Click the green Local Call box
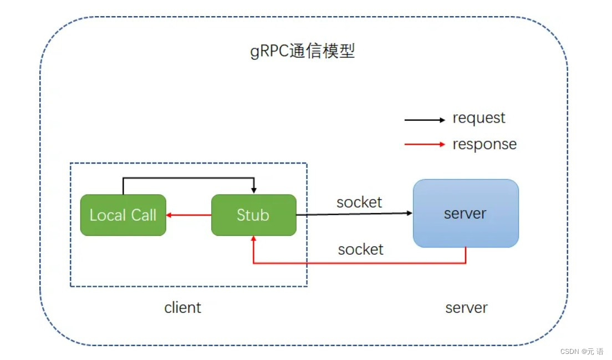coord(123,215)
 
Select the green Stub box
coord(254,215)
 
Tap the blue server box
coord(466,213)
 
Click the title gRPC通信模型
coord(303,51)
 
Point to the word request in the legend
coord(479,118)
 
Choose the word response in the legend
coord(484,144)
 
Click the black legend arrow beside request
coord(425,120)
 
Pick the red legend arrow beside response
coord(425,144)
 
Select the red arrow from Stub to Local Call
coord(188,215)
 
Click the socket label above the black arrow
coord(359,202)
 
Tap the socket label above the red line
coord(361,250)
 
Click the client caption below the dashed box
coord(183,308)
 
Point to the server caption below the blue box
coord(466,308)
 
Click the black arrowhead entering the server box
coord(410,213)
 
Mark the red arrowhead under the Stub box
coord(254,239)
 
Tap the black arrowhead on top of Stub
coord(254,191)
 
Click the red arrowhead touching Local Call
coord(169,215)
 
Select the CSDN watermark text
coord(582,352)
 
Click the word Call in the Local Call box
coord(144,215)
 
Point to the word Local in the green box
coord(108,215)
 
